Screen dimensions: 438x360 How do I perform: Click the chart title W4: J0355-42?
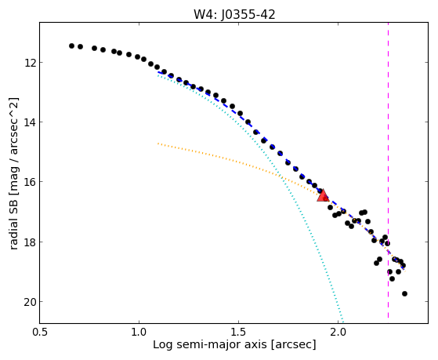(x=234, y=15)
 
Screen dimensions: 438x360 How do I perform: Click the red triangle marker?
(x=323, y=195)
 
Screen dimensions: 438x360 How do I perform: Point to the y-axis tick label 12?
(x=30, y=63)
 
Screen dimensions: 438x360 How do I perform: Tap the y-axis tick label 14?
(x=30, y=122)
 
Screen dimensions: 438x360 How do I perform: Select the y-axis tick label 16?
(x=30, y=182)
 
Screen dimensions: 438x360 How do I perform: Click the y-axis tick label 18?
(x=30, y=242)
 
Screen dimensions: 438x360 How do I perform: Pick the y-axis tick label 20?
(x=30, y=302)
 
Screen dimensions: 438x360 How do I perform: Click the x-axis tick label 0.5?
(x=40, y=332)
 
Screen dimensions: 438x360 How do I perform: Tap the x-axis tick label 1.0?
(x=139, y=332)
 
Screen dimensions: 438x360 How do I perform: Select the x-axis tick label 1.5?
(x=238, y=332)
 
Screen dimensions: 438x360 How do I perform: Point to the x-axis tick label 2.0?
(x=338, y=332)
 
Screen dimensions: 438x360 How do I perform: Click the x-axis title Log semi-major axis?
(x=210, y=344)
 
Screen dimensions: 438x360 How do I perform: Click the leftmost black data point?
(x=71, y=45)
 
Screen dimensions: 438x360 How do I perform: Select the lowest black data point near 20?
(x=404, y=293)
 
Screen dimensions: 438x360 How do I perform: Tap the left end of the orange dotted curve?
(x=158, y=144)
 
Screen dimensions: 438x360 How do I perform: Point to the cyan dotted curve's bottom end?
(x=342, y=321)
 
